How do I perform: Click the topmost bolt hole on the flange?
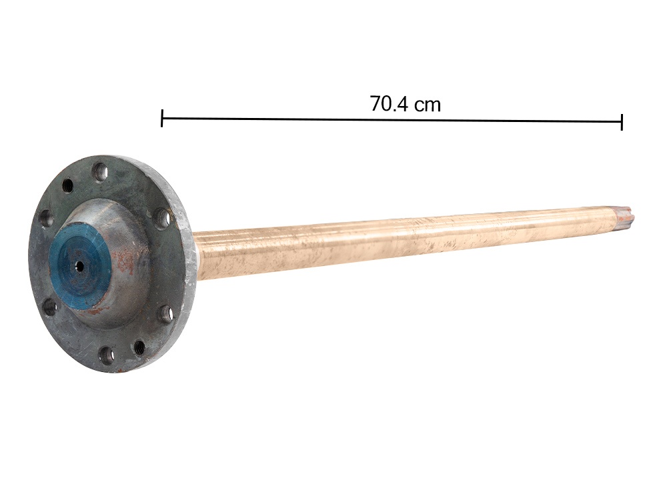[x=101, y=171]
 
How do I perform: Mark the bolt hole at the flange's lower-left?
[x=51, y=307]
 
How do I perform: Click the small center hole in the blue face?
[x=79, y=266]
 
